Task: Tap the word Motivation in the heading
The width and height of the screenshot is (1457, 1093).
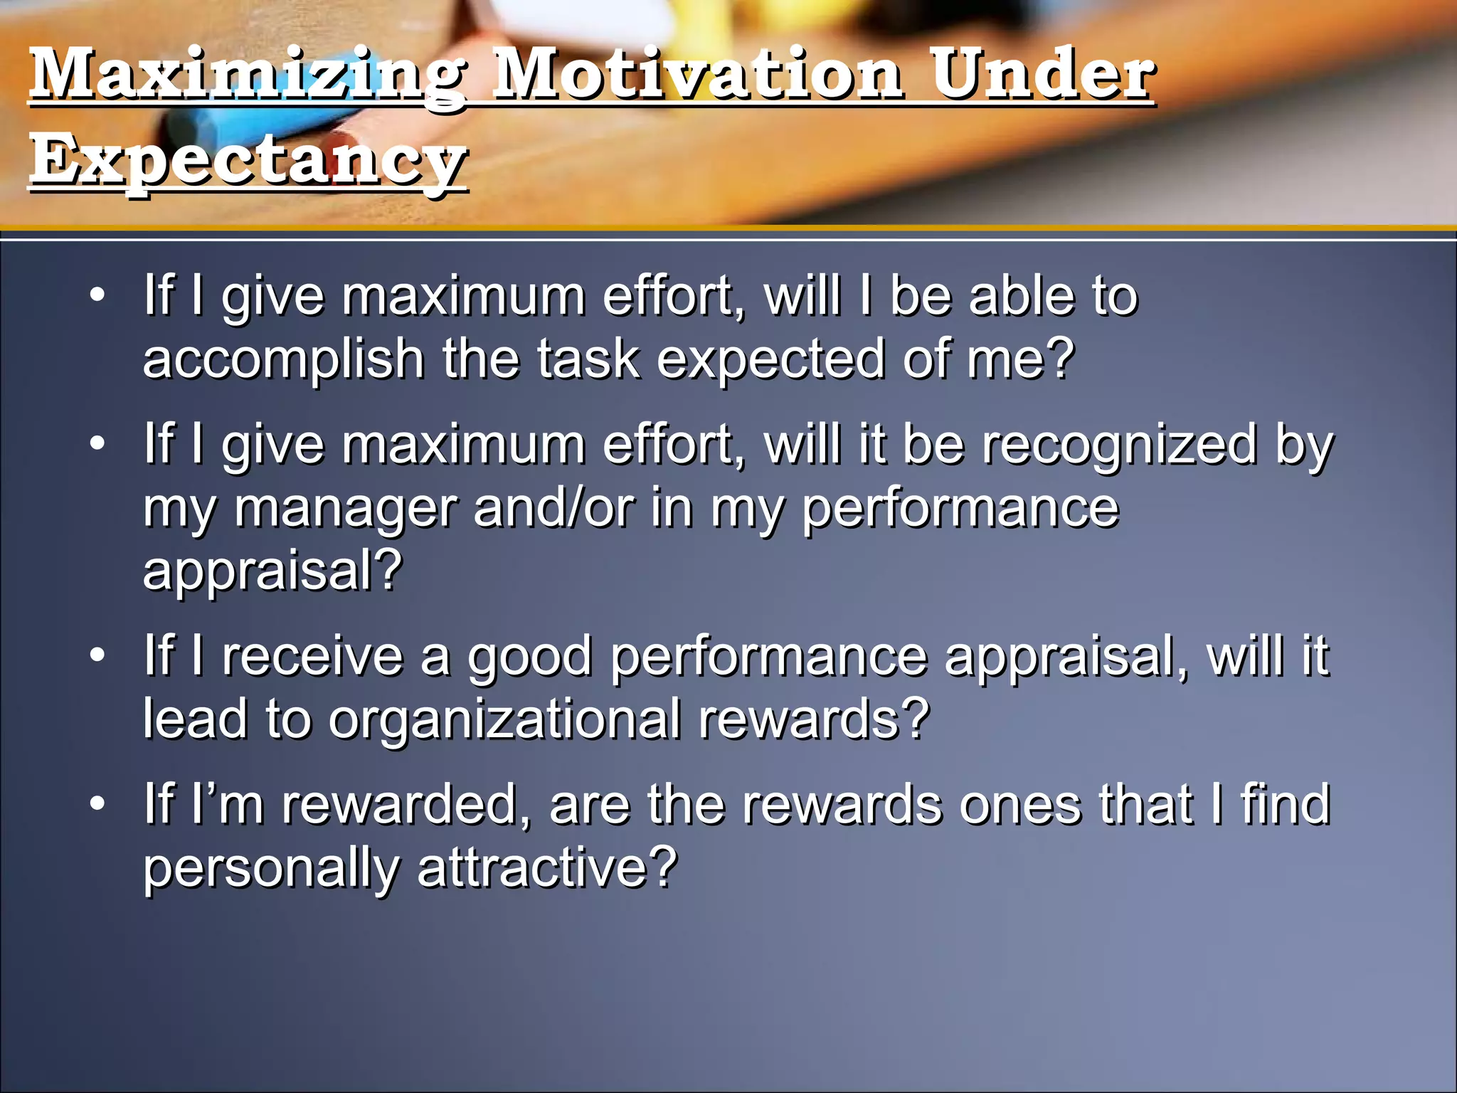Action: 697,75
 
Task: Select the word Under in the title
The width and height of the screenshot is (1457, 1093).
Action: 1042,75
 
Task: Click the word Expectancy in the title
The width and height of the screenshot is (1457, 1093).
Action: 248,160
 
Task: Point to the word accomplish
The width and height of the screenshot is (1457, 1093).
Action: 283,359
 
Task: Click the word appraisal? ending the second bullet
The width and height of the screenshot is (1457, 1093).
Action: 272,571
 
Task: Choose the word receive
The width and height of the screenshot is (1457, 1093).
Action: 312,655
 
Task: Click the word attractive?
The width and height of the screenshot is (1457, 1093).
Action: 547,868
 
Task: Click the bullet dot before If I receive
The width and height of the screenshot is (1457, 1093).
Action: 97,655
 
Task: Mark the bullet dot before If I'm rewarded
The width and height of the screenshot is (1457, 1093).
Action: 97,803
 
